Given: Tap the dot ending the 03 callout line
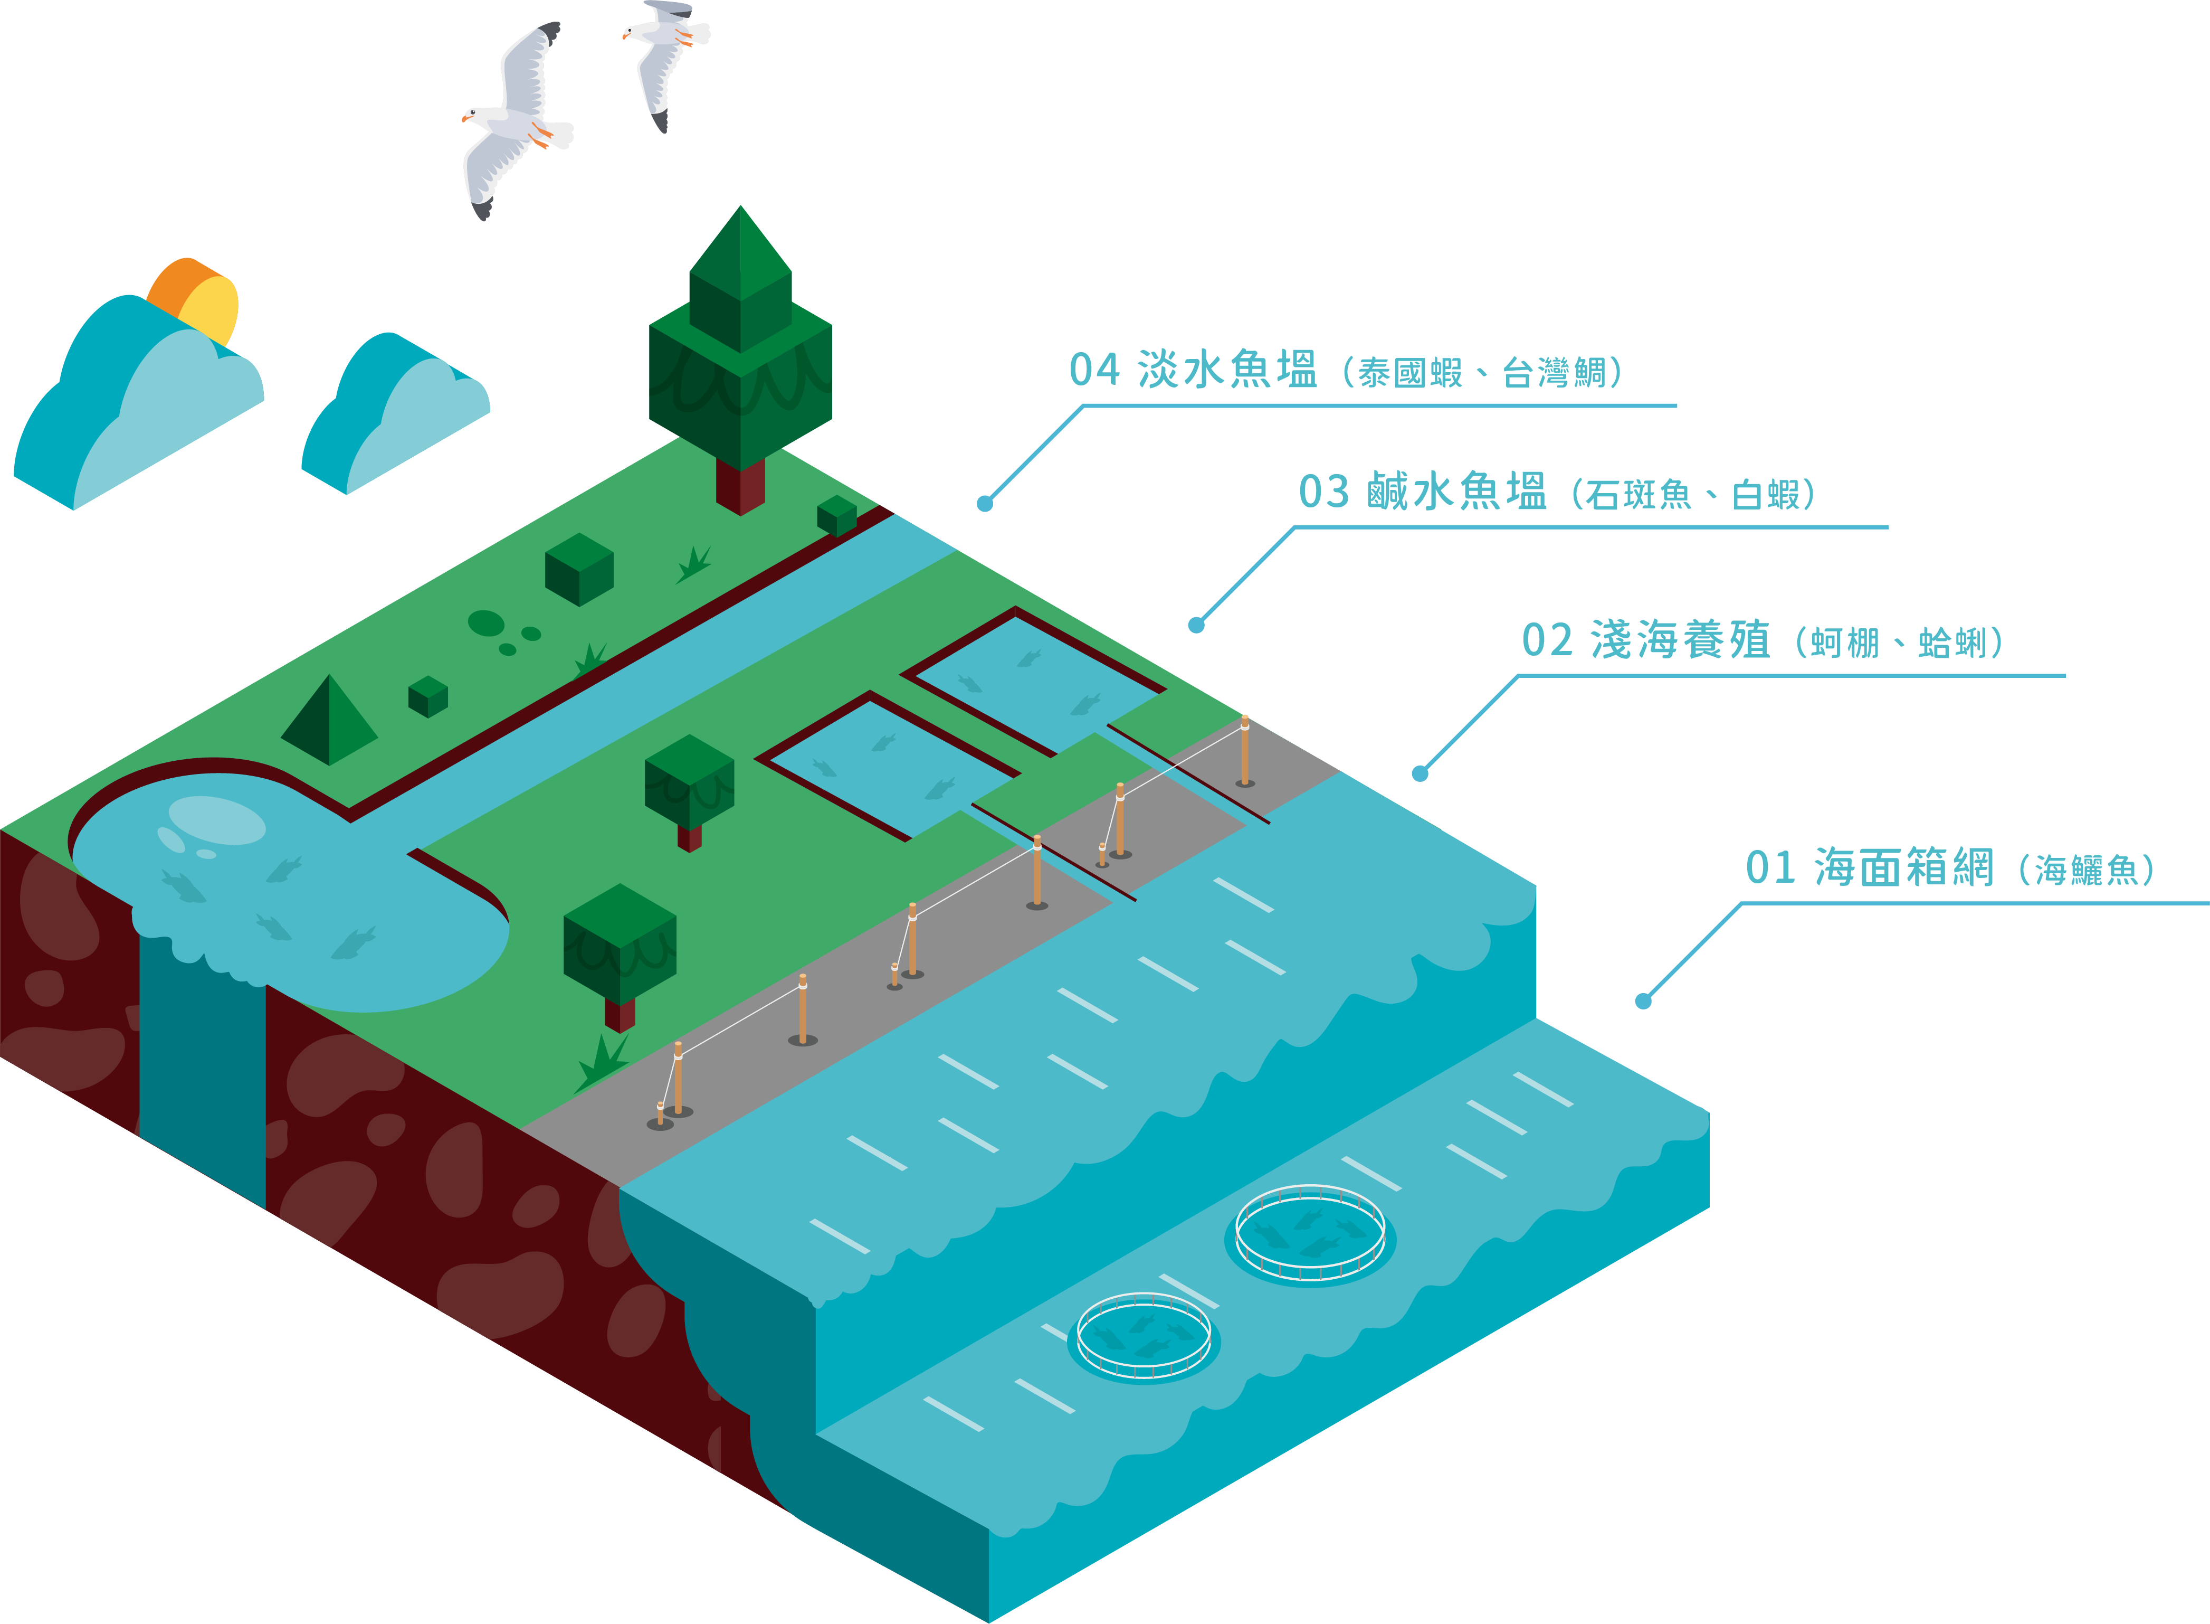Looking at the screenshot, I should (1196, 625).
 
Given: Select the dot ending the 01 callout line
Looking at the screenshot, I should (1643, 1001).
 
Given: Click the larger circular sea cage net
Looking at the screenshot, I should (1310, 1234).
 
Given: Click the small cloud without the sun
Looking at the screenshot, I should (398, 413).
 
